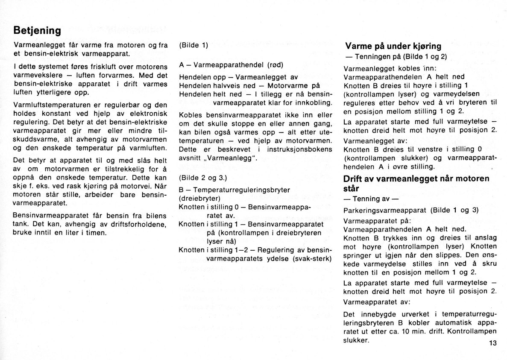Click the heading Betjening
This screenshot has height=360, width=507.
[x=38, y=31]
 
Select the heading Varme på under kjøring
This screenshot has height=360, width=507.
[x=393, y=46]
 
